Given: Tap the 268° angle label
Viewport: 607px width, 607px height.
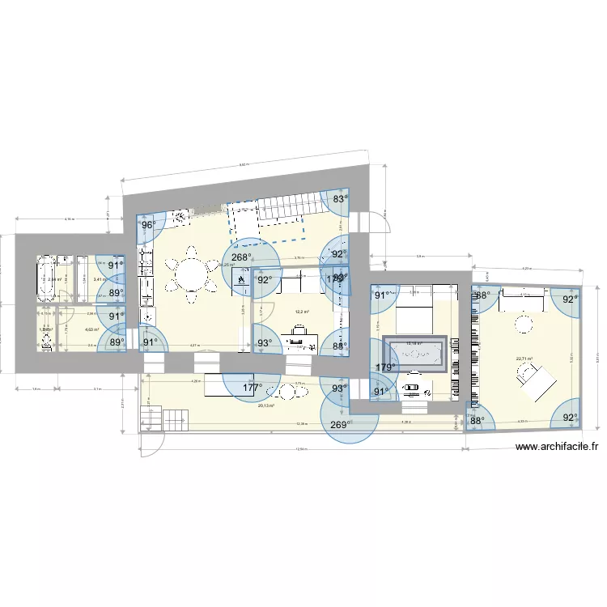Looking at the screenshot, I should [x=240, y=258].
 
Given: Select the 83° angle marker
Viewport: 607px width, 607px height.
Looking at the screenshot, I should [x=339, y=198].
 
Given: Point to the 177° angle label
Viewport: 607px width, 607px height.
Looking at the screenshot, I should [x=252, y=388].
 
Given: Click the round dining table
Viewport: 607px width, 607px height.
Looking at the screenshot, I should [x=191, y=276].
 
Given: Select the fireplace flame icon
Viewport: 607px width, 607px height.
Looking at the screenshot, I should [x=241, y=279].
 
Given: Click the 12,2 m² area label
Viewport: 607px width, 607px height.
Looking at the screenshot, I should [x=301, y=311].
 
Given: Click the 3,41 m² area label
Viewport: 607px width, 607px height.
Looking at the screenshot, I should [x=99, y=280].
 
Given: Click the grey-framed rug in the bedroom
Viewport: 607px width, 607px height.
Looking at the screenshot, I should [x=415, y=354].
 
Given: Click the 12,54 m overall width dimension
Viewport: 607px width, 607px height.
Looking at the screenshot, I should [x=301, y=448].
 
